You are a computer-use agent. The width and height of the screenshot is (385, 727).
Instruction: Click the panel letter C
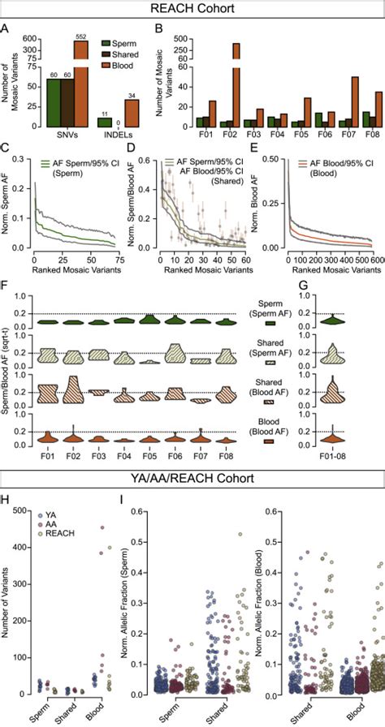pyautogui.click(x=7, y=148)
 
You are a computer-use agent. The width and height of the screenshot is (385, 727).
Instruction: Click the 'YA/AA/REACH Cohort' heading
pyautogui.click(x=192, y=480)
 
